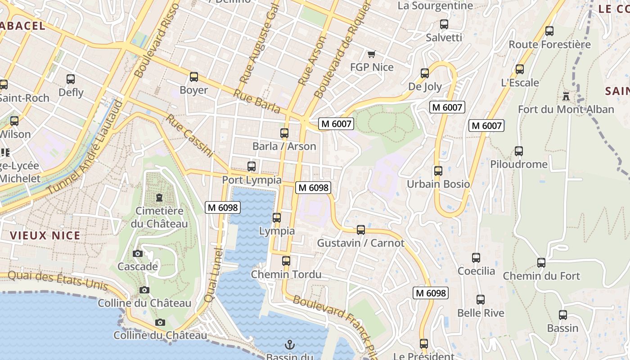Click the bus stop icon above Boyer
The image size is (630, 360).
click(x=194, y=77)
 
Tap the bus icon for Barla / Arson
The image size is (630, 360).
click(x=284, y=133)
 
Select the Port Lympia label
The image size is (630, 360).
click(x=252, y=180)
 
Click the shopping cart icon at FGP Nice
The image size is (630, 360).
click(x=371, y=54)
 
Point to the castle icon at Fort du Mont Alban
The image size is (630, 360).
click(x=566, y=96)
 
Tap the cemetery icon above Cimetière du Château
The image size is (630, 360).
click(x=159, y=198)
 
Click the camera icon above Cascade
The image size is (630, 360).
click(x=138, y=254)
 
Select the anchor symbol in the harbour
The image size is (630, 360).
click(x=290, y=345)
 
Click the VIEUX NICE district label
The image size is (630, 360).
click(x=45, y=235)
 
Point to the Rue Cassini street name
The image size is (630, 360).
click(x=189, y=135)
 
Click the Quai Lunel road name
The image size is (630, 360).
click(x=214, y=270)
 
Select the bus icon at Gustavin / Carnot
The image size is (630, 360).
click(x=360, y=230)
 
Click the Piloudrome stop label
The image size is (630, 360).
click(x=519, y=164)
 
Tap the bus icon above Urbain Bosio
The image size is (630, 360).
click(x=438, y=171)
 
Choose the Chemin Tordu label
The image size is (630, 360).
click(x=286, y=274)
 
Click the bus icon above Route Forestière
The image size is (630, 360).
click(x=549, y=31)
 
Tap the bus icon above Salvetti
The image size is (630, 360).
click(x=444, y=24)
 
